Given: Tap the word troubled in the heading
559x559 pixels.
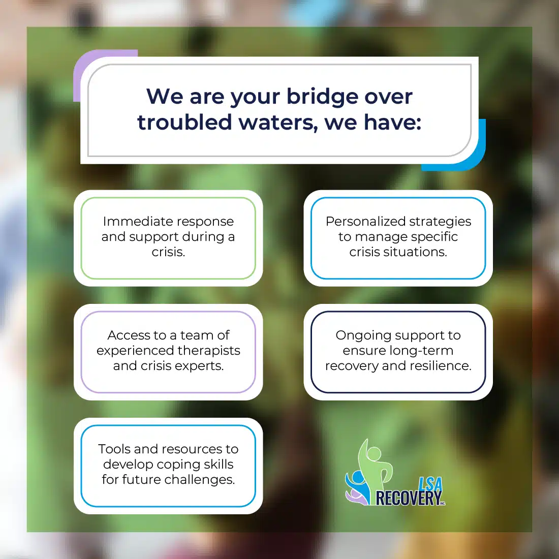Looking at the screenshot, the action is (184, 122).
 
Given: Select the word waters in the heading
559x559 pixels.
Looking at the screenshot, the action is (278, 123).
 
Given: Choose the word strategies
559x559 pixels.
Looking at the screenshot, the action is (440, 222).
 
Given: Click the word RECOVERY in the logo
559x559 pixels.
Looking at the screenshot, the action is (409, 498).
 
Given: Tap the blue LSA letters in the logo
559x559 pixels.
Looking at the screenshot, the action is (430, 484).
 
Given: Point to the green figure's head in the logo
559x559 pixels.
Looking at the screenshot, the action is (374, 454).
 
